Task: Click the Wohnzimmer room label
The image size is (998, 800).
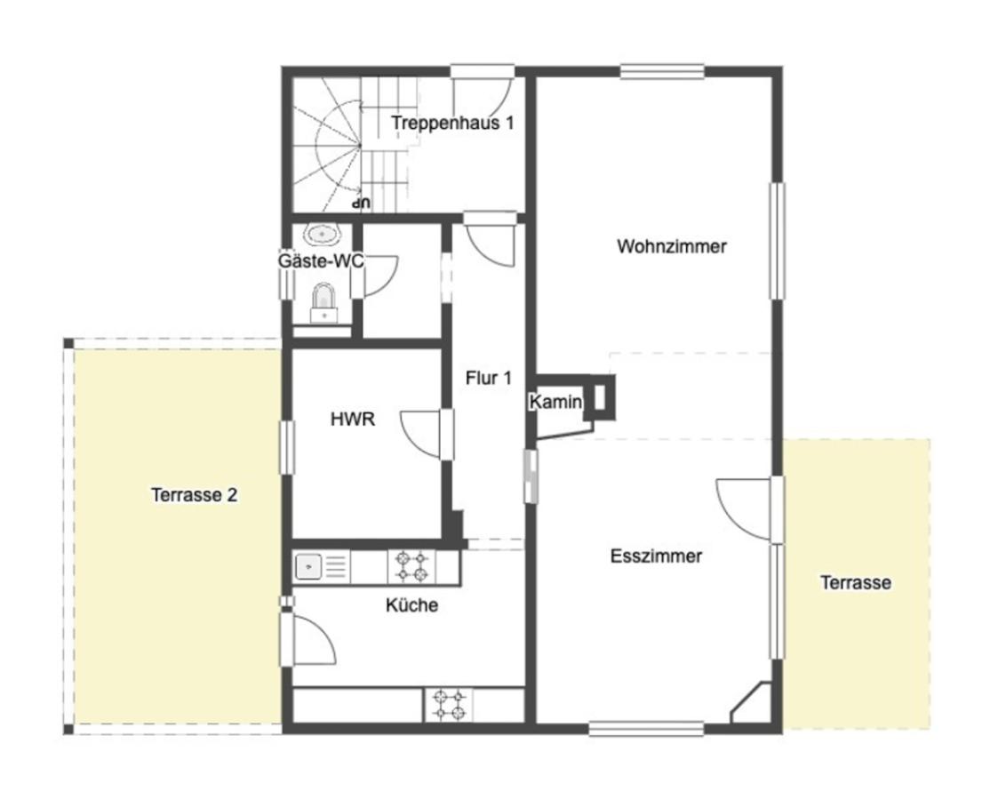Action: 672,246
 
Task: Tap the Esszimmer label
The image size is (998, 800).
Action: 656,556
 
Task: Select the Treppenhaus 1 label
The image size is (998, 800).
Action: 452,123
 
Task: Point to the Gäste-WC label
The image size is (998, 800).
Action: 321,261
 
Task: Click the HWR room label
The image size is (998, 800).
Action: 353,419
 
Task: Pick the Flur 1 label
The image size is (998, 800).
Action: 488,378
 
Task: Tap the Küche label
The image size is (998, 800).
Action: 411,604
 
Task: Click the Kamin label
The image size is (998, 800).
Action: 555,402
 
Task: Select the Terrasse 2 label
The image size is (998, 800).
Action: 194,494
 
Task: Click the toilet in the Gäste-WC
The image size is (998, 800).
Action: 324,304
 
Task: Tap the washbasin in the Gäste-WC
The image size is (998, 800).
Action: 323,234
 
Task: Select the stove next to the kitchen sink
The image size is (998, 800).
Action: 411,566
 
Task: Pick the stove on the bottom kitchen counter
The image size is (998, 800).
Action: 449,705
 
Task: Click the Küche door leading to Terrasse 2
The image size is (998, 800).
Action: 313,638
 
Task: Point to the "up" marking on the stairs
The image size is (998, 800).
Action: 362,204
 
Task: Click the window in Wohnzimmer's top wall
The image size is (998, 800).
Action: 662,71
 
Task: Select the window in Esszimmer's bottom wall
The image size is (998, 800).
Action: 646,728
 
